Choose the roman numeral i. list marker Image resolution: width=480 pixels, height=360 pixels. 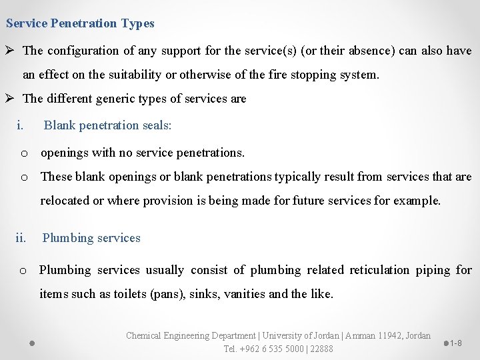tap(21, 125)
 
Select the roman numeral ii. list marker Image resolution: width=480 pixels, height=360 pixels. tap(21, 238)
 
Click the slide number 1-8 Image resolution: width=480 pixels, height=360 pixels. tap(456, 343)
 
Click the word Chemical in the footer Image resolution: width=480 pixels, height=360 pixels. tap(144, 335)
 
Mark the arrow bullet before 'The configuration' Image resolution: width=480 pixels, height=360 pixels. tap(11, 51)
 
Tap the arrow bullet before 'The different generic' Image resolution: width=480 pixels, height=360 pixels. tap(11, 99)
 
